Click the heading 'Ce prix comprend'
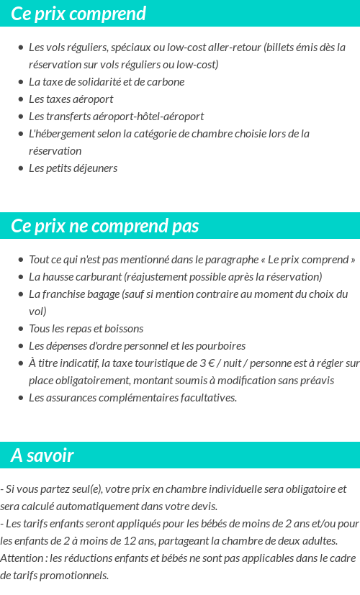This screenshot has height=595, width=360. (78, 14)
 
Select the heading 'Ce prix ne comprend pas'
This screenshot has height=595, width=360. (105, 226)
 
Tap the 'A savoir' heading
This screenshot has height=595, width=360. (42, 455)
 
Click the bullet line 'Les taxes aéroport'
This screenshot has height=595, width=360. (71, 99)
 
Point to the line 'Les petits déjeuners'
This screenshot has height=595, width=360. (73, 168)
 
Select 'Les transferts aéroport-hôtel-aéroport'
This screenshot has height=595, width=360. (116, 117)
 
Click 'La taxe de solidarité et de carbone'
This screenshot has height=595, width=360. (107, 82)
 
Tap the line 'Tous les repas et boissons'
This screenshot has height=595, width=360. (86, 329)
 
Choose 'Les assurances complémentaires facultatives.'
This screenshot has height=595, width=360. (132, 398)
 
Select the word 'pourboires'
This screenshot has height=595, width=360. (222, 346)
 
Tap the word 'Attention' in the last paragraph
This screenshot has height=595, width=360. (23, 558)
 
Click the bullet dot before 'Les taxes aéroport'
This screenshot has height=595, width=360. (20, 99)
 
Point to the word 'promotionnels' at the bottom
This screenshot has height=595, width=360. (75, 576)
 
